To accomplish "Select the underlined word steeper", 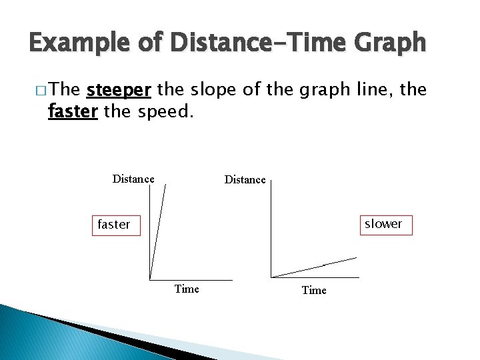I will tap(119, 90).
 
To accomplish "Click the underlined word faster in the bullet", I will tap(73, 111).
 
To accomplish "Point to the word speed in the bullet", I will tap(165, 111).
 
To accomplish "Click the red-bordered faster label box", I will tap(115, 225).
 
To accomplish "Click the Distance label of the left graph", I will tap(133, 179).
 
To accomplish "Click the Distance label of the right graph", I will tap(245, 179).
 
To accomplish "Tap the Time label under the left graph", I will tap(187, 289).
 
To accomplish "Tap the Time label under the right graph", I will tap(314, 290).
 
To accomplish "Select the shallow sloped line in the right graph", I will tap(313, 267).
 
